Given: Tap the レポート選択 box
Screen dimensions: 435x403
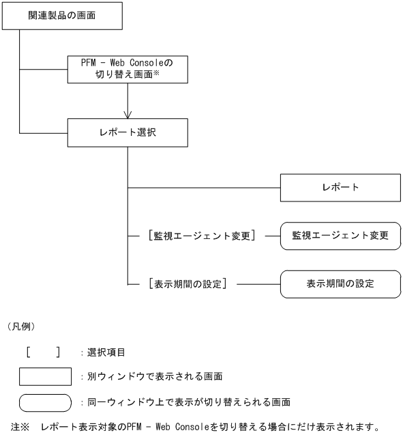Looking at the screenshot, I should click(x=128, y=132).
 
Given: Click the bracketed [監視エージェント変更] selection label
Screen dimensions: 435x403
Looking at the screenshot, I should click(x=194, y=235).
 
